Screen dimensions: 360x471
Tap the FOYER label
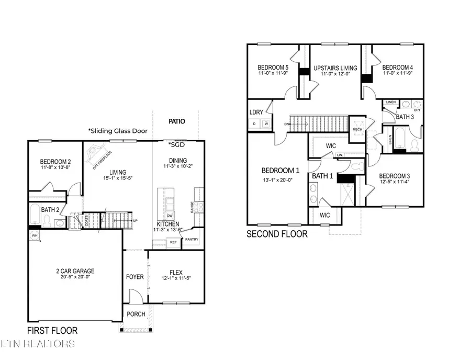tap(134, 276)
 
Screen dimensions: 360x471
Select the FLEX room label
tap(175, 272)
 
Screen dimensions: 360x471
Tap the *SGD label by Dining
tap(174, 144)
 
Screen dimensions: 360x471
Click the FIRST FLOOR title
tap(52, 330)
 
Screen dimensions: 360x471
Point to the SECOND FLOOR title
tap(277, 234)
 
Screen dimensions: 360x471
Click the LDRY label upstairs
tap(256, 112)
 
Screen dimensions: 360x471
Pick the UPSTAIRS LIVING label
tap(335, 68)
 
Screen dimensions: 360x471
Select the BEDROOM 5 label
tap(273, 67)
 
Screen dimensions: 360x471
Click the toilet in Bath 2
tap(47, 223)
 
